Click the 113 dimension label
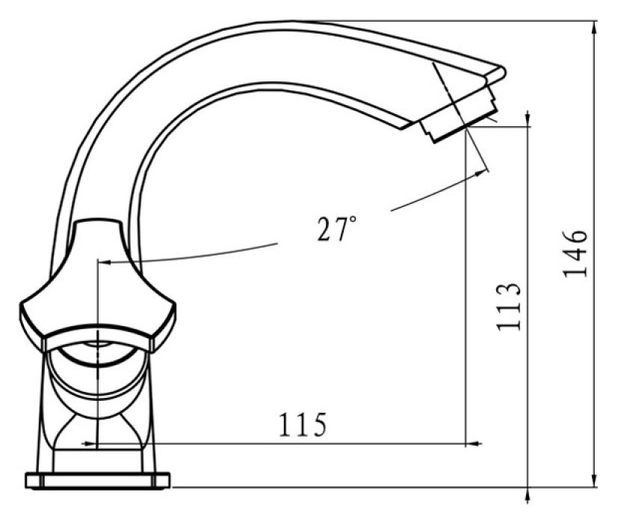pyautogui.click(x=508, y=307)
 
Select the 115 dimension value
pyautogui.click(x=303, y=425)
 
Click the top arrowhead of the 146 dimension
pyautogui.click(x=595, y=28)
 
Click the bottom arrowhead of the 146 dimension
pyautogui.click(x=595, y=480)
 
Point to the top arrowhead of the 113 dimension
pyautogui.click(x=528, y=119)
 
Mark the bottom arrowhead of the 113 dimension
pyautogui.click(x=528, y=495)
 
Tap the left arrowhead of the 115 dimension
pyautogui.click(x=89, y=443)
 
